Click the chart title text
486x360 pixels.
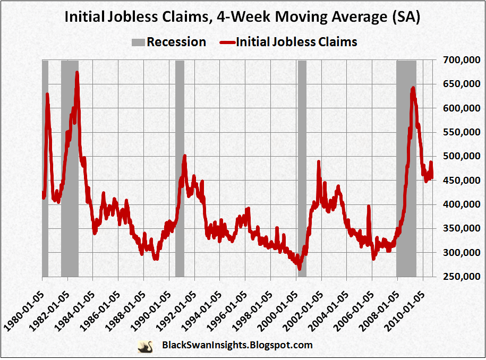(x=242, y=18)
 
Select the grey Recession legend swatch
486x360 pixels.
(x=137, y=42)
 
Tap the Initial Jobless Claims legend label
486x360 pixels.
(x=296, y=42)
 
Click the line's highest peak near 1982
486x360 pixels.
(x=77, y=73)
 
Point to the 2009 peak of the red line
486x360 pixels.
(x=413, y=88)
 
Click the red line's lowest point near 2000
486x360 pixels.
(x=300, y=268)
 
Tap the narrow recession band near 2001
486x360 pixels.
(x=302, y=170)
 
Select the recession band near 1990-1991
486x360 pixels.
(x=180, y=170)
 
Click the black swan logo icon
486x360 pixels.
(x=144, y=346)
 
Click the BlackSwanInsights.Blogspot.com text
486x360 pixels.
(x=236, y=346)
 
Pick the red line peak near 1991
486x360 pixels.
(x=184, y=156)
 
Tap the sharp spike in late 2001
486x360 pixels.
(x=319, y=161)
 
